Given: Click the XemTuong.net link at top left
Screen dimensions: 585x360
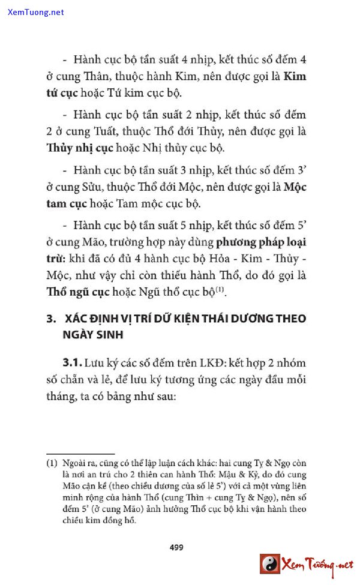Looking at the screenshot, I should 36,12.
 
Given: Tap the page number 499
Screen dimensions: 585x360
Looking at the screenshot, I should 176,547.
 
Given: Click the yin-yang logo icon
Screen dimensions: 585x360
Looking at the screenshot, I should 270,564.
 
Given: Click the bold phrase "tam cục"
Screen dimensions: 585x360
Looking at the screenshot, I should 65,203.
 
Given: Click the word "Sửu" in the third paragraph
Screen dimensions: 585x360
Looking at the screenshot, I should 100,187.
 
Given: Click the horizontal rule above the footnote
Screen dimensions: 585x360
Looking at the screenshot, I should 80,454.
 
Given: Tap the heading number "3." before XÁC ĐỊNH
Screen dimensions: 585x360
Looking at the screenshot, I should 52,319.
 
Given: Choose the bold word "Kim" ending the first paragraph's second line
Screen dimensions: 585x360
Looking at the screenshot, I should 294,76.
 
